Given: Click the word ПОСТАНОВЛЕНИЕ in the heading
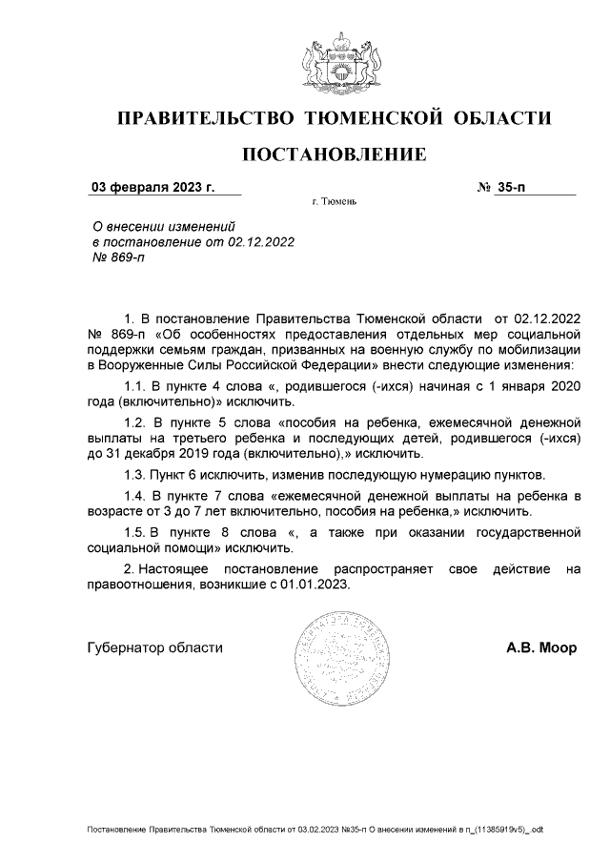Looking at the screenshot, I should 334,154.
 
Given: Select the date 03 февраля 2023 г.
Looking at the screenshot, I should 152,187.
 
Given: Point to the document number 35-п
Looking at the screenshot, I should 511,187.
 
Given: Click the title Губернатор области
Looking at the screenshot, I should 154,647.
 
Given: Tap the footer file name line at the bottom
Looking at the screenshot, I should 315,831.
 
